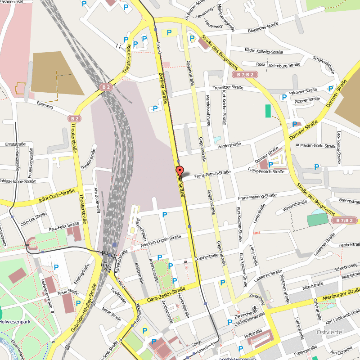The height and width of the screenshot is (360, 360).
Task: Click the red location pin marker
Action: point(179,172)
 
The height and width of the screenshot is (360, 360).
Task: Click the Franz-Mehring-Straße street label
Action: point(257,197)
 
